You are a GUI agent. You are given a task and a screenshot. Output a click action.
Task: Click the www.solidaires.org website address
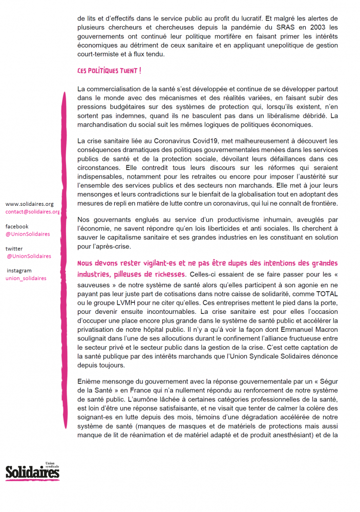coord(29,204)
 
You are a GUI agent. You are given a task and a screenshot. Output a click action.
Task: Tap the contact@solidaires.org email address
coord(32,211)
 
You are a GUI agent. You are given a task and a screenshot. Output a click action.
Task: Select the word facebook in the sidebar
coord(17,226)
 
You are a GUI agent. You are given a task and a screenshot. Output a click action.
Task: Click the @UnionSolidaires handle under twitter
coord(29,256)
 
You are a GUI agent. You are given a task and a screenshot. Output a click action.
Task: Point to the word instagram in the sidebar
coord(19,270)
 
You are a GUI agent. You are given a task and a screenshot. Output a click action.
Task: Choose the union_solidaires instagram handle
coord(26,278)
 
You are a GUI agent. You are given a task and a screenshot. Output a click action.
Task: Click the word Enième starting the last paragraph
coord(89,382)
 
